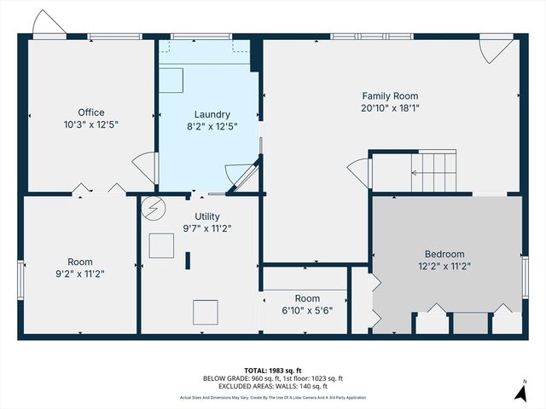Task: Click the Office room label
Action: (90, 112)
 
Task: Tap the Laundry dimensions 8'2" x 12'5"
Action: (212, 126)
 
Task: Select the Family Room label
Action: (390, 96)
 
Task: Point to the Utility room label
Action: (207, 216)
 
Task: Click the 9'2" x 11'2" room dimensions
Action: (80, 274)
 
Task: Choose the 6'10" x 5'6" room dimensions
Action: (307, 310)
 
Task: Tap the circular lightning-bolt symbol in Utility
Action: (154, 207)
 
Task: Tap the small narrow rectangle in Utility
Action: (188, 260)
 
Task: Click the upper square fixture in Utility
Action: (161, 246)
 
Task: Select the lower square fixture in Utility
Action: (205, 312)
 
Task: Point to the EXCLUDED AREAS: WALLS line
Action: (272, 387)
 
